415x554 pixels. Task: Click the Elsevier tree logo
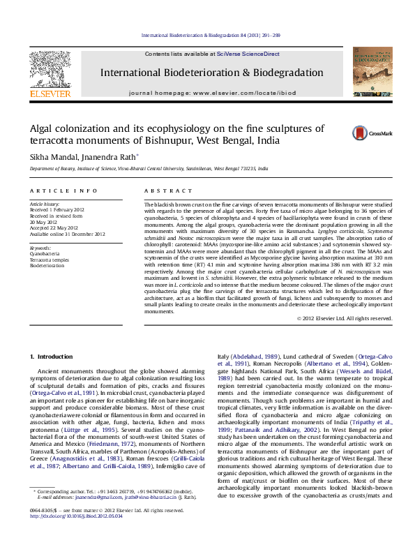(x=50, y=70)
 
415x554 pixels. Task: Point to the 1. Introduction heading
(x=56, y=357)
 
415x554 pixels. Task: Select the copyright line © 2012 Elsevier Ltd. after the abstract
(x=345, y=318)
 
